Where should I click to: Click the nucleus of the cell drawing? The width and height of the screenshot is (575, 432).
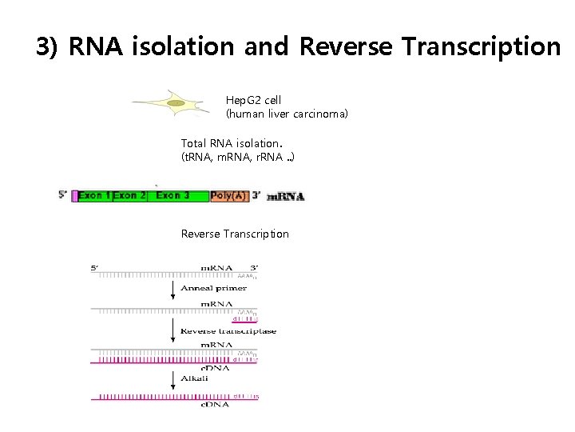175,102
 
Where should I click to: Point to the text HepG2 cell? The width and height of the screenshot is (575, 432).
253,100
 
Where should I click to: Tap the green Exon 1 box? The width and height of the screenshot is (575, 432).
93,195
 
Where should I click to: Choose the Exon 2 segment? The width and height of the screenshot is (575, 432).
129,195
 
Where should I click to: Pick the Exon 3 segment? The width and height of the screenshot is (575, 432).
173,195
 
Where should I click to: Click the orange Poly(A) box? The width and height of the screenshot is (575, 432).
229,195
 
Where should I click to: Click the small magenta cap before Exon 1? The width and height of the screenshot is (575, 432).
73,195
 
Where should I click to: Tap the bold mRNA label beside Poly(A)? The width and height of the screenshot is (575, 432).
285,197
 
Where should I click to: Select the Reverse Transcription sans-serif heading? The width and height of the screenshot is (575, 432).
235,234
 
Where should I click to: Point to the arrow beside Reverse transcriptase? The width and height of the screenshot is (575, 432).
172,330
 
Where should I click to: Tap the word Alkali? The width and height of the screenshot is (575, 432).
194,378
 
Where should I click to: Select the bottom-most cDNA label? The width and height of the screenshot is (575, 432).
216,405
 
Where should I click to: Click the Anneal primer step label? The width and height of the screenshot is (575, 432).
213,288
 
